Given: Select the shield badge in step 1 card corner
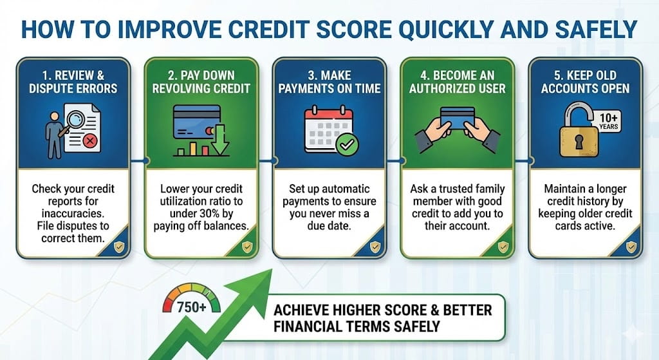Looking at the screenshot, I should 118,246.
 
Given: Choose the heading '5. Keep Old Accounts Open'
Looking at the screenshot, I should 585,81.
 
